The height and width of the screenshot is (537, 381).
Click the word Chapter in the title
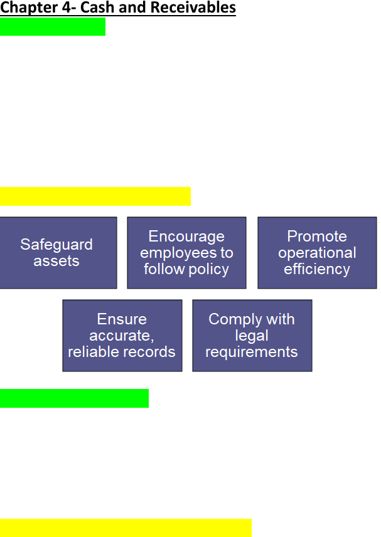pos(29,8)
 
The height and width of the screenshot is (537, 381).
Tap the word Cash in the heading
pos(95,7)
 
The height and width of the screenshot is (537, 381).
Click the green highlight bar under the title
pos(53,27)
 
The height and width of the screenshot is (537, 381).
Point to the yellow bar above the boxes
pos(95,196)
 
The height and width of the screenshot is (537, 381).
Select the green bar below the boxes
pos(74,398)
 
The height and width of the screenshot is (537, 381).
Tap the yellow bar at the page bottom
pos(126,528)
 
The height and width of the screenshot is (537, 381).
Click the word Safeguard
pos(56,245)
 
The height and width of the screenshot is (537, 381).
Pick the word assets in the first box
pos(56,261)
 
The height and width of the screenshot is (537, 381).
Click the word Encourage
pos(186,237)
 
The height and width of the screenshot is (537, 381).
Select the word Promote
pos(317,236)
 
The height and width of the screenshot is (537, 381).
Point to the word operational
pos(317,253)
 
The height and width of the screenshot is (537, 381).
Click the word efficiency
pos(317,269)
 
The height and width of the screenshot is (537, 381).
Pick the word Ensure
pos(122,319)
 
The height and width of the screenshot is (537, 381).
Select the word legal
pos(252,336)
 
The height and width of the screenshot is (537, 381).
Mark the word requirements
pos(252,353)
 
